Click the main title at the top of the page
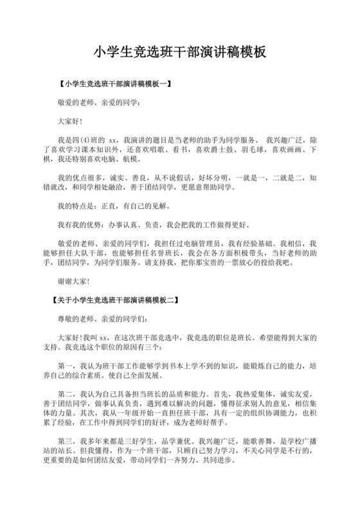180,51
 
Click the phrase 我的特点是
76,206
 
